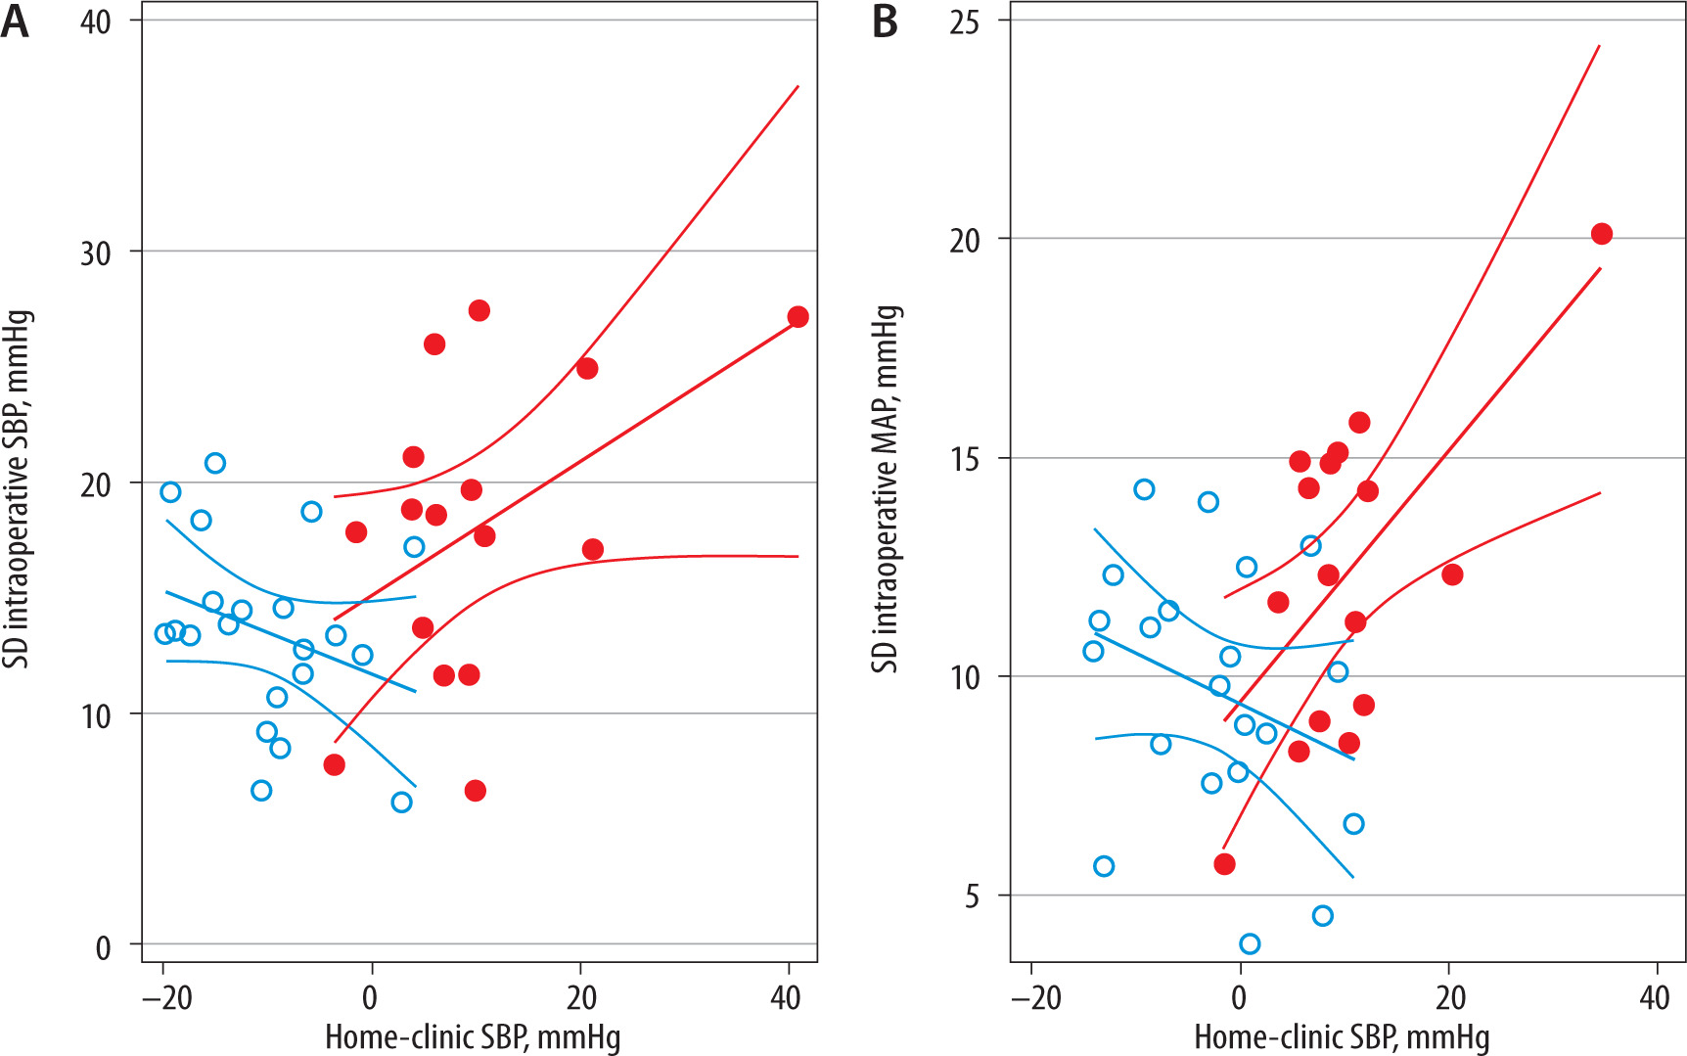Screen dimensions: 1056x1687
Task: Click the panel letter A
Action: tap(15, 22)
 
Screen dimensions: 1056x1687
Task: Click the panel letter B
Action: tap(885, 22)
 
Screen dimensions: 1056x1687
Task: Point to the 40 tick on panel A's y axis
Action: tap(96, 22)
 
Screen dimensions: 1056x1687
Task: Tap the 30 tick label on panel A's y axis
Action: tap(96, 253)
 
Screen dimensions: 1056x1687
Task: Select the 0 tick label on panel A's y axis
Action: tap(103, 947)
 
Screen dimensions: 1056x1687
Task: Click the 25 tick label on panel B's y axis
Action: tap(964, 22)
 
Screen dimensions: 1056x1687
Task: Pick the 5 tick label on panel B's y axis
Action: tap(971, 896)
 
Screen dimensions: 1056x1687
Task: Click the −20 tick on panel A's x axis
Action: tap(163, 997)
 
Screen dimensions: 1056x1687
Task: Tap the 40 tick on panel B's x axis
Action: tap(1655, 997)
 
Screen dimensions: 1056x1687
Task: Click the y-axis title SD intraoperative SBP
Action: tap(17, 489)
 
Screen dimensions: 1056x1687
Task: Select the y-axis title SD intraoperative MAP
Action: tap(886, 489)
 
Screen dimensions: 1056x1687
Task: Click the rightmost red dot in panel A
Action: tap(798, 317)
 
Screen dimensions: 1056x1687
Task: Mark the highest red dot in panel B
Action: tap(1602, 234)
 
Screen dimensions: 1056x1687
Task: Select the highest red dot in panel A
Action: tap(479, 311)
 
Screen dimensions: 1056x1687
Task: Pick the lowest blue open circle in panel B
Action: tap(1250, 943)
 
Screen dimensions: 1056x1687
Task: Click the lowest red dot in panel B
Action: tap(1224, 864)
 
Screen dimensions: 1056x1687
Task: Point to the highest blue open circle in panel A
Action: tap(215, 463)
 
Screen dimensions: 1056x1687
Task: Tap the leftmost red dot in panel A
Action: tap(334, 765)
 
